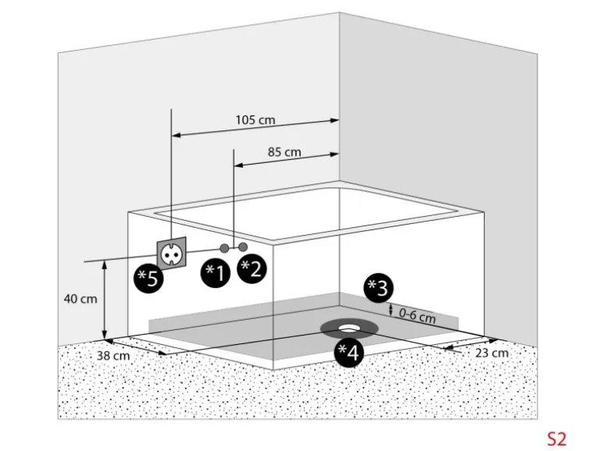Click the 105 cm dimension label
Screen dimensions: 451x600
point(256,120)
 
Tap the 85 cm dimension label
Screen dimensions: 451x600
point(284,152)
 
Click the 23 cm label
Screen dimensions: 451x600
point(492,353)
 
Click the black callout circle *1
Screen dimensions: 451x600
point(217,272)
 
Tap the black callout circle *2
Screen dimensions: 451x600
point(252,268)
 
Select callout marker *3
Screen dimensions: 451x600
point(377,288)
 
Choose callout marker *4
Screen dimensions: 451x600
point(349,353)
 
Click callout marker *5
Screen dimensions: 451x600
point(148,279)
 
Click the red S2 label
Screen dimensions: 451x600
point(556,438)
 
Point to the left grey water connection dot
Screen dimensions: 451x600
point(224,247)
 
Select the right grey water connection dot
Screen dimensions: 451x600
point(243,247)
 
